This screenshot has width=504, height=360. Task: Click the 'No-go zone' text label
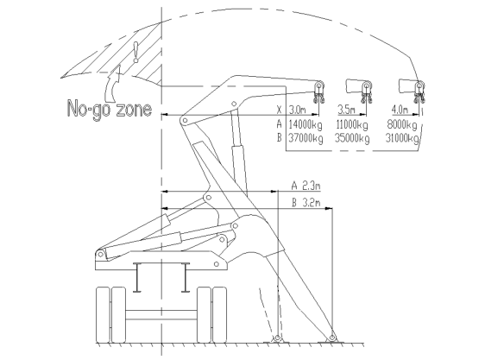[110, 109]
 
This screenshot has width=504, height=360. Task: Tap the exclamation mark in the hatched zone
[136, 52]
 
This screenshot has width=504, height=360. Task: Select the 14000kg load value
[306, 124]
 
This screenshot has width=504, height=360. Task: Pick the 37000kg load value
[306, 138]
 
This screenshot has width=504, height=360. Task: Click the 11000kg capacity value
[352, 124]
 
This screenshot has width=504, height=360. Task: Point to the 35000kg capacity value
[352, 138]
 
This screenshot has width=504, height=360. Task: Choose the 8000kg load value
[402, 124]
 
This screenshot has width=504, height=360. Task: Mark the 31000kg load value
[402, 138]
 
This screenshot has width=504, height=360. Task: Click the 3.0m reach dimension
[298, 110]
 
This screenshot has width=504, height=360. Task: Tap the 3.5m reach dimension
[347, 110]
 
